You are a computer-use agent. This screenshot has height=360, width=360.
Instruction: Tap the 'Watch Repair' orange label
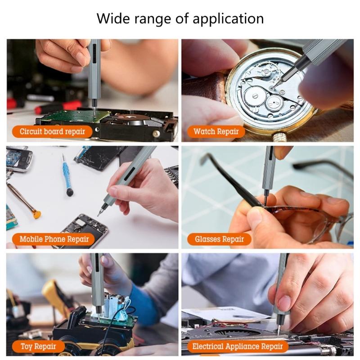point(216,132)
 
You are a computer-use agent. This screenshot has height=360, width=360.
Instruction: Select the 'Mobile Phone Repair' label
point(54,239)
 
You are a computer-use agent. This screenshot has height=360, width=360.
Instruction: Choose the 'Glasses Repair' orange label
point(219,239)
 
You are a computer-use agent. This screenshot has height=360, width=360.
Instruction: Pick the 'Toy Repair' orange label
point(38,346)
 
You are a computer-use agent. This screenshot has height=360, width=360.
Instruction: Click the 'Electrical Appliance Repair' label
point(237,346)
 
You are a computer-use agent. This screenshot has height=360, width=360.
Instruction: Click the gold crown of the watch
point(279,135)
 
